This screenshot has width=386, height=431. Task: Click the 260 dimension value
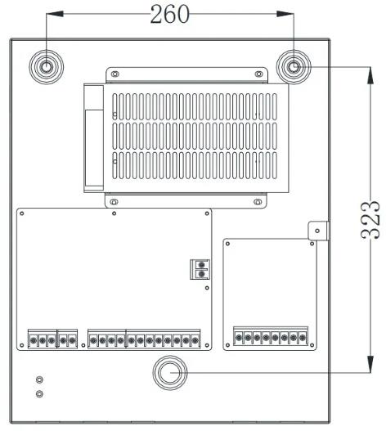(x=170, y=14)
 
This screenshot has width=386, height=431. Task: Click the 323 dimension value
(x=370, y=220)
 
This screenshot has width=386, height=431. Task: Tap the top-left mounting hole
(x=46, y=67)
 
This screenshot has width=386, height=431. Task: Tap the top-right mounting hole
(x=294, y=67)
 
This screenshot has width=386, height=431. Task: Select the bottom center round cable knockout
(x=170, y=372)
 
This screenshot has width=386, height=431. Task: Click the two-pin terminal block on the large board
(x=200, y=269)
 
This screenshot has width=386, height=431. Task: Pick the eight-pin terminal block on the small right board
(x=271, y=336)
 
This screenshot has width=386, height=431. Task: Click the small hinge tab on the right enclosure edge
(x=318, y=231)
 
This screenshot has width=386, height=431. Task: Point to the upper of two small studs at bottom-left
(x=39, y=379)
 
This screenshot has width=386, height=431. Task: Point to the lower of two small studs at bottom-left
(x=39, y=394)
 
